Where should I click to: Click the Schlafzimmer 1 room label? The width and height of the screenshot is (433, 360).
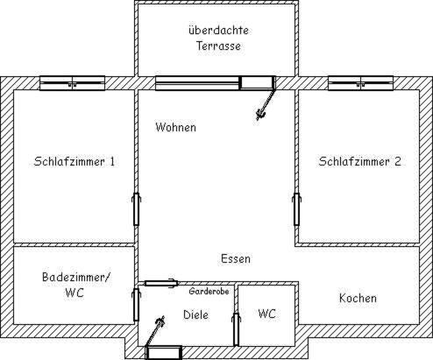point(75,161)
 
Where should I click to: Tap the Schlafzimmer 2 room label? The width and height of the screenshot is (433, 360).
point(359,161)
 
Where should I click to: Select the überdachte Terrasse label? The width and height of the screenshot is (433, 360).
point(218,39)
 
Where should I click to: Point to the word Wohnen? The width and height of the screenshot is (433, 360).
point(175,127)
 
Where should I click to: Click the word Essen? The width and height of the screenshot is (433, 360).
point(236,258)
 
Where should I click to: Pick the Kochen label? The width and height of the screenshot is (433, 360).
point(358,298)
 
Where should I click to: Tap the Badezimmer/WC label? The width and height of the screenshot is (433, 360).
point(75,285)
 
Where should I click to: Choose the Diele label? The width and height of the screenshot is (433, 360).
point(195,314)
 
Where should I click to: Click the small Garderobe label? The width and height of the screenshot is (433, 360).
point(209,291)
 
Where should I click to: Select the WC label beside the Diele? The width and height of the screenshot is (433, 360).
point(266,314)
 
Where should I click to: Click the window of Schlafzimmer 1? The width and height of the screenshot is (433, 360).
point(72,83)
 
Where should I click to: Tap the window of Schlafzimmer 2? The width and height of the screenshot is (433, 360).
point(360,83)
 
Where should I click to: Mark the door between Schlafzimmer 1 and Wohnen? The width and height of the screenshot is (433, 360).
point(136,209)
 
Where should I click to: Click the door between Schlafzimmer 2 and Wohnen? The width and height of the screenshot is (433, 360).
point(296,209)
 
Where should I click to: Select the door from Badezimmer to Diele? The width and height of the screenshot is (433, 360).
point(136,305)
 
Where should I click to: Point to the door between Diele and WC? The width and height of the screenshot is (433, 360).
point(236,329)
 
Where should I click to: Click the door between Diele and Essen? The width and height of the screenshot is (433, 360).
point(161,283)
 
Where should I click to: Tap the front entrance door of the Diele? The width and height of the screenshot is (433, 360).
point(164,352)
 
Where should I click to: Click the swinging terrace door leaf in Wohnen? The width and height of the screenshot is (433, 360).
point(266,105)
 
